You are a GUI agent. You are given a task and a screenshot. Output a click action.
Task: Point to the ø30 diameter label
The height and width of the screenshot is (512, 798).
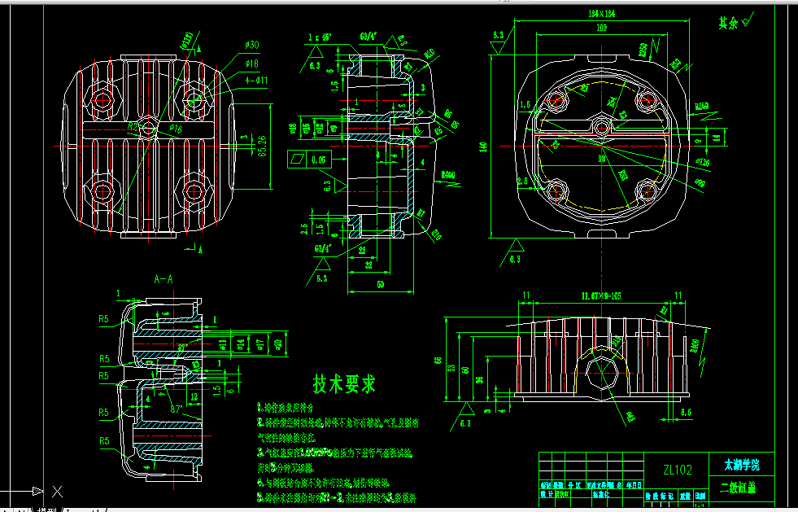coord(251,45)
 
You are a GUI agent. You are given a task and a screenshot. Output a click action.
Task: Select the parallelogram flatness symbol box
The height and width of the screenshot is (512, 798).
coord(297,160)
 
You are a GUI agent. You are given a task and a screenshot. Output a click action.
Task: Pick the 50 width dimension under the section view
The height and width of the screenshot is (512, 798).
coord(380,283)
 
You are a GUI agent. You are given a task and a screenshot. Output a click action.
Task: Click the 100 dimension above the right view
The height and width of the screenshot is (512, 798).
coord(601,28)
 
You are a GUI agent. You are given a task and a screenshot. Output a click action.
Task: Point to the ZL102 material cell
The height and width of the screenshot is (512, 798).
coord(677,470)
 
